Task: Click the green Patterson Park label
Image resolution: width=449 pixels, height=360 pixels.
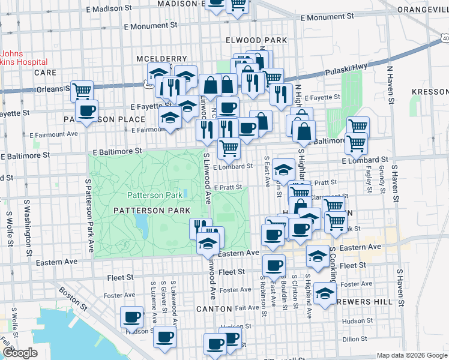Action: click(154, 195)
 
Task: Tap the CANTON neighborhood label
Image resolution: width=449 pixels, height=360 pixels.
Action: click(214, 308)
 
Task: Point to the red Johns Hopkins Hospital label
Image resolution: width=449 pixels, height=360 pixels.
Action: click(24, 58)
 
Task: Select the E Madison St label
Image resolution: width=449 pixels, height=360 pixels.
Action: click(109, 10)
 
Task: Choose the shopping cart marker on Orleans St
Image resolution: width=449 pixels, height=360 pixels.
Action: click(82, 91)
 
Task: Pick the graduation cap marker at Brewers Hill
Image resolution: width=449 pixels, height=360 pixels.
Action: click(325, 293)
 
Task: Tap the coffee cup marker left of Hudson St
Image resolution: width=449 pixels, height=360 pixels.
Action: click(131, 317)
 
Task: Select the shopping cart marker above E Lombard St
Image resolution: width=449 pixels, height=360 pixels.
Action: click(229, 147)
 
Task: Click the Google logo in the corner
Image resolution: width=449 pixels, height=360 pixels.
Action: click(19, 353)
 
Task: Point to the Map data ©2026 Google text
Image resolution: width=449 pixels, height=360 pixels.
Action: click(411, 355)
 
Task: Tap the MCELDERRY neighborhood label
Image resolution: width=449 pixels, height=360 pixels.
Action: click(154, 58)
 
